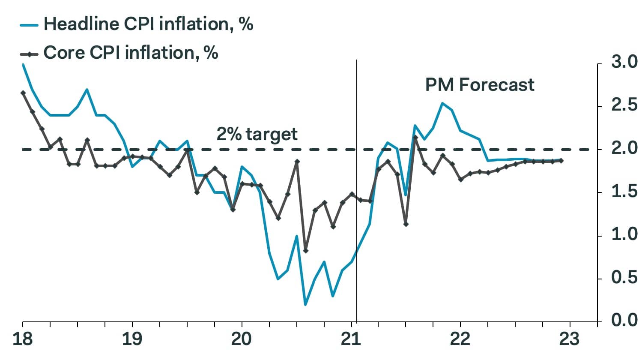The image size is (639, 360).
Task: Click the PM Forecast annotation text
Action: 480,85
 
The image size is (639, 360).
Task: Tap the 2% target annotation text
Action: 257,134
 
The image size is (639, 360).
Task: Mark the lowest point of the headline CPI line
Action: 305,305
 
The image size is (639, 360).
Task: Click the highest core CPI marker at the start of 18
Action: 23,93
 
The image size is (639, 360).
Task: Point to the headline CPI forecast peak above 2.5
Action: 442,103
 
